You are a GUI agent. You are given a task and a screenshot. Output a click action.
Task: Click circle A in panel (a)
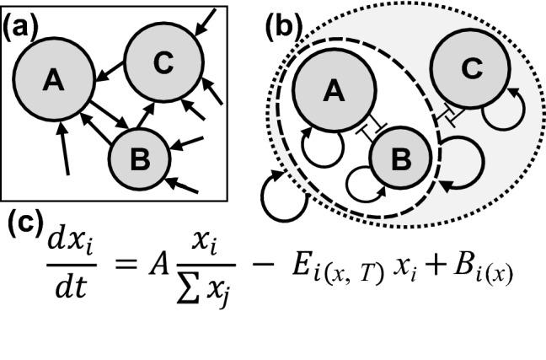tap(53, 80)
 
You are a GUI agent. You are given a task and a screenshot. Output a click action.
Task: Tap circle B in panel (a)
tap(139, 157)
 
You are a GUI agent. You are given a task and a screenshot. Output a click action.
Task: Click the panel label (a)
tap(18, 26)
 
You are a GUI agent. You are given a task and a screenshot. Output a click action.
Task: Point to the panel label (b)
tap(281, 26)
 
